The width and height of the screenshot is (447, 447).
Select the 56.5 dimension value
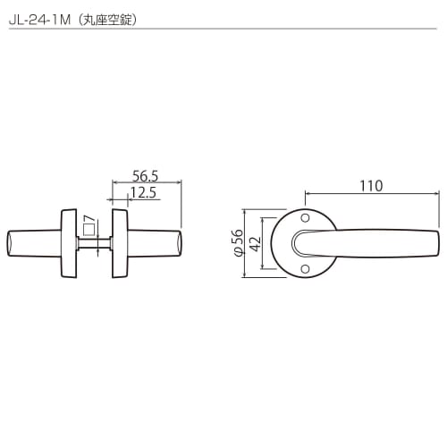[144, 176]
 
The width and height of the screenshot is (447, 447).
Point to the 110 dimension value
[371, 186]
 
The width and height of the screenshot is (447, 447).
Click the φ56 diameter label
[238, 243]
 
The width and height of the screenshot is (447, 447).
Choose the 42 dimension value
[254, 243]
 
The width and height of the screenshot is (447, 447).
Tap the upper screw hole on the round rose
[305, 218]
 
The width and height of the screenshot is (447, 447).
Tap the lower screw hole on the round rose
[305, 268]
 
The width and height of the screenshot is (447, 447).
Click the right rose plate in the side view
[120, 243]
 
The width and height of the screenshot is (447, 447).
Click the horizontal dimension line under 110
[371, 194]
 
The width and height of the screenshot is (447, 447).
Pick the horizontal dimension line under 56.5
[146, 184]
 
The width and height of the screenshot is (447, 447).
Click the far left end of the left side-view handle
[8, 243]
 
